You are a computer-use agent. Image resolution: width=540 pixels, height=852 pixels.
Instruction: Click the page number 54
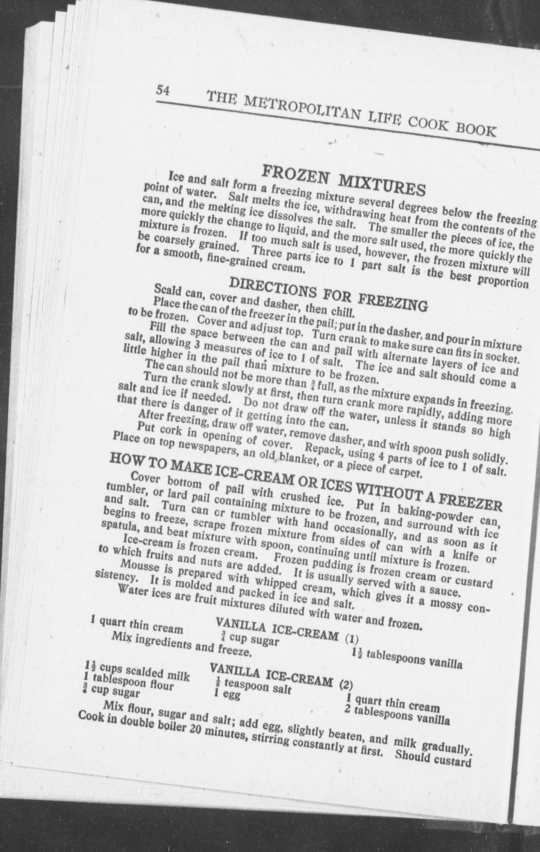163,91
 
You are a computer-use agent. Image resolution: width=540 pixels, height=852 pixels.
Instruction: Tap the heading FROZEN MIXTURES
343,179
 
